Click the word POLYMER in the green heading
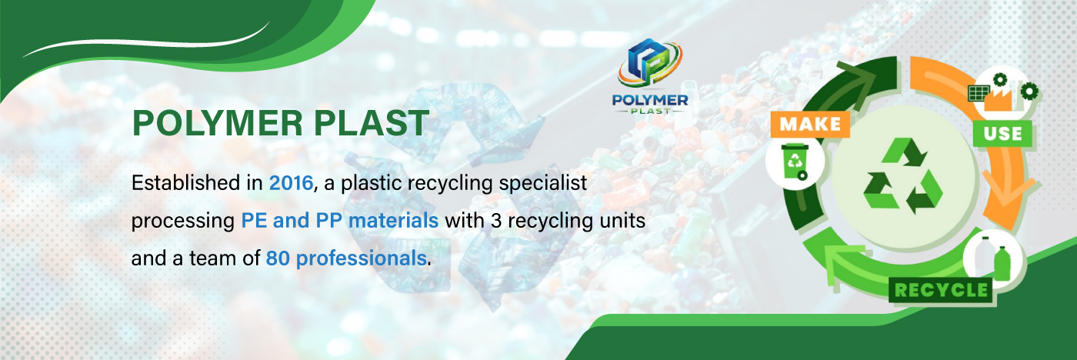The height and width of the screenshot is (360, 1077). coord(218,123)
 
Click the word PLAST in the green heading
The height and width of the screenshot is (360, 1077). coord(372,123)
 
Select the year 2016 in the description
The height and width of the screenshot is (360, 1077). coord(291,183)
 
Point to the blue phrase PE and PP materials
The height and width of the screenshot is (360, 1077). coord(339,221)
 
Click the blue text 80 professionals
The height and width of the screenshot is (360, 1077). coord(346,258)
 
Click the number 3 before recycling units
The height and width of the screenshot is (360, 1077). coord(496,221)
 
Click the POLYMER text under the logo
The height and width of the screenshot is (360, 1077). coord(650,100)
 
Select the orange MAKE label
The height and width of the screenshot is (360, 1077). coord(810,125)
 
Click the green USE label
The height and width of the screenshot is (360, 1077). coord(1002,134)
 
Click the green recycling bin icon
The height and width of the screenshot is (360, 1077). coord(795,162)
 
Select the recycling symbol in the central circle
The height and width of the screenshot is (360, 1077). coord(903,176)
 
